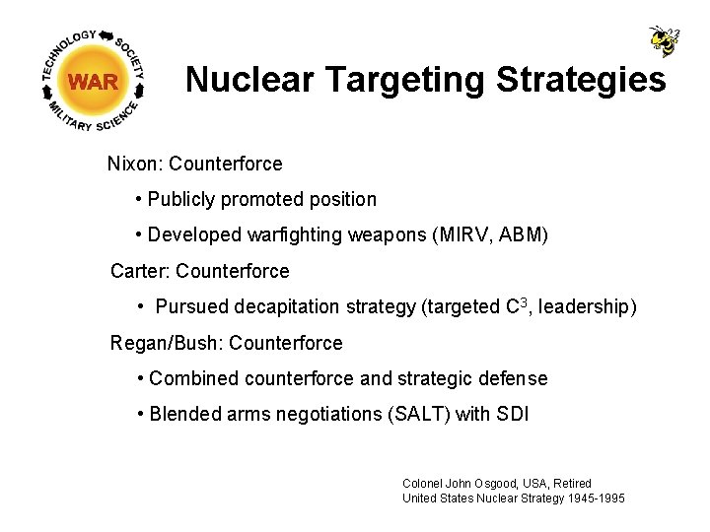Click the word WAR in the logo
point(94,82)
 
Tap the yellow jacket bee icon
point(664,40)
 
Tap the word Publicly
point(181,199)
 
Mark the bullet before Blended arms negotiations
point(142,414)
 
